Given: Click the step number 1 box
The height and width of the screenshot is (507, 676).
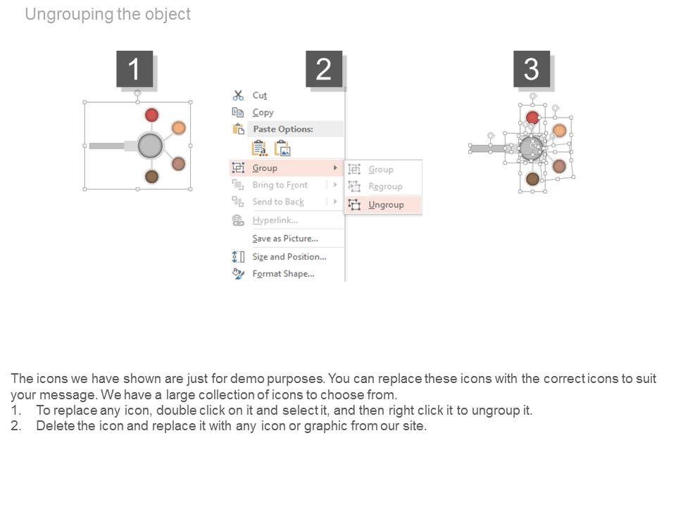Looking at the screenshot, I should [x=134, y=69].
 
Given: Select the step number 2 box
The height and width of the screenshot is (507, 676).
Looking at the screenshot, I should [x=324, y=69].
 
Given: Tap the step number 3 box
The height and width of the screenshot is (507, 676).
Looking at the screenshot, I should [x=532, y=69].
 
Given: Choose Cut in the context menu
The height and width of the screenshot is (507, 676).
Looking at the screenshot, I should [x=260, y=95].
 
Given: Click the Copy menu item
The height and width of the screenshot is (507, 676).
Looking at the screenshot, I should [x=263, y=113].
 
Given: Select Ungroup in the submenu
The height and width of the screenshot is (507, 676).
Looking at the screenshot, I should [x=386, y=205].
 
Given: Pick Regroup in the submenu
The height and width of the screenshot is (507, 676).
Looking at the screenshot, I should [x=385, y=187].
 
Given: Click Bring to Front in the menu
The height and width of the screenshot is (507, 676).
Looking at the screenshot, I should [x=280, y=185].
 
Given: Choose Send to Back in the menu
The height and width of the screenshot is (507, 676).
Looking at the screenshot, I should [x=278, y=202].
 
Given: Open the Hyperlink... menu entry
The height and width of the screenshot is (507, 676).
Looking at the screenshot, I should [x=275, y=220].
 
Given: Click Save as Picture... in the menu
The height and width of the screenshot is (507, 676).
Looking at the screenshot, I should [x=285, y=239].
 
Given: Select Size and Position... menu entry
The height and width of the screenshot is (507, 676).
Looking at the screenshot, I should [x=289, y=257].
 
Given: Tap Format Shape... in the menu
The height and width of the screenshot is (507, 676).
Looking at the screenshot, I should [x=283, y=274].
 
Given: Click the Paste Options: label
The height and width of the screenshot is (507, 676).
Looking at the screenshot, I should [x=283, y=130].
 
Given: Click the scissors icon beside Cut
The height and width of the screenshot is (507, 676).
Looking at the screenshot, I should [x=238, y=95].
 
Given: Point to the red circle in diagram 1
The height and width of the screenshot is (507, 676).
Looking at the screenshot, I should [x=151, y=115].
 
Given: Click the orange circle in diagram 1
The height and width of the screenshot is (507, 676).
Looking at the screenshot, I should [x=179, y=127].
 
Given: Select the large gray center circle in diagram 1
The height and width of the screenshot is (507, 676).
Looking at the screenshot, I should [x=150, y=146].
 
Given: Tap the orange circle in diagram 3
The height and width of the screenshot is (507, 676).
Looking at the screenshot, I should [x=559, y=130].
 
